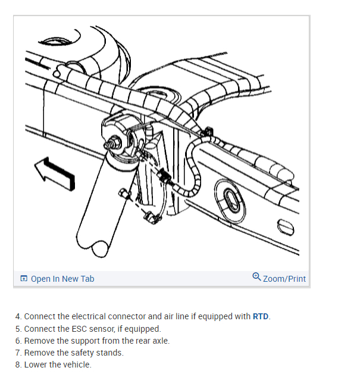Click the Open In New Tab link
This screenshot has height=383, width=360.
pos(62,279)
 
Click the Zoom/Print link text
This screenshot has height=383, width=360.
pos(284,278)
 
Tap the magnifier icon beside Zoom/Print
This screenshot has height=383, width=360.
pos(256,277)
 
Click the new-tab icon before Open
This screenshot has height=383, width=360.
pos(24,279)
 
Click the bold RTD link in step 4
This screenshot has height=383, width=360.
pos(261,316)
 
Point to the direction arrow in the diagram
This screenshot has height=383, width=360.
pos(55,172)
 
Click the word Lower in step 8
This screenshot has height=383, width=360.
pos(35,365)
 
